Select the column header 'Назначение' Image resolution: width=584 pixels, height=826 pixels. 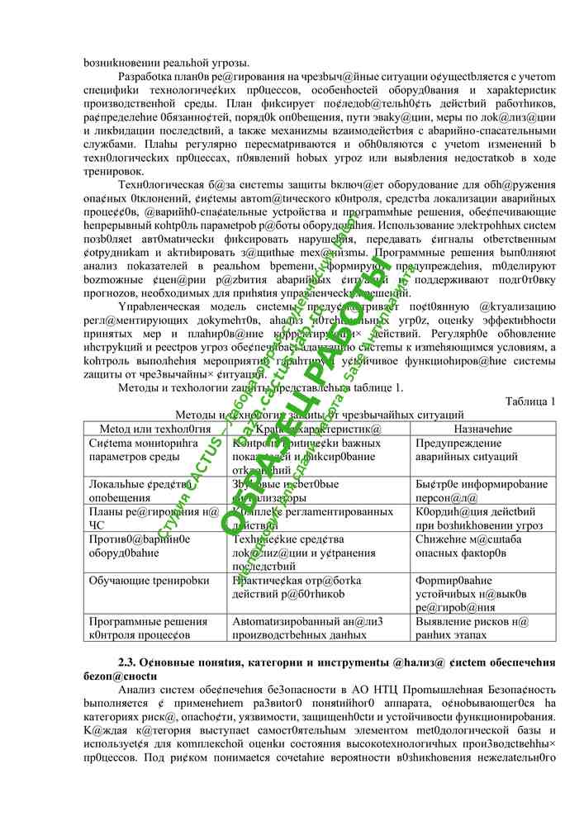(x=482, y=429)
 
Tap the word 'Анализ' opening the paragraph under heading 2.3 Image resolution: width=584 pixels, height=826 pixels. (x=137, y=690)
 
